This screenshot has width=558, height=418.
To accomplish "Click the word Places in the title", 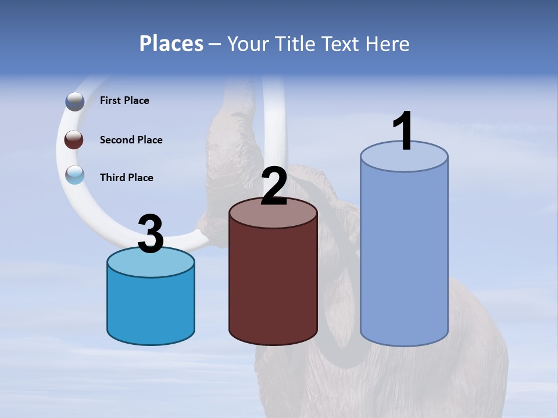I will click(171, 44).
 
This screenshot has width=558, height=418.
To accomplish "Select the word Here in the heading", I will click(389, 44).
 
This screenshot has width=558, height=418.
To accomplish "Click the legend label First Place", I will click(124, 100).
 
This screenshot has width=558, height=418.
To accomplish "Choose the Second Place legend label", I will click(131, 140).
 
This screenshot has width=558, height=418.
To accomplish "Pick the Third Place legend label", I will click(126, 178).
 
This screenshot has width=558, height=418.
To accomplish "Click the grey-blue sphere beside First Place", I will click(75, 101).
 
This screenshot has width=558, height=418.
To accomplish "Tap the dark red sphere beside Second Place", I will click(74, 139).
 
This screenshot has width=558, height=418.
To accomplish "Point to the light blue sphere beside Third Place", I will click(75, 175).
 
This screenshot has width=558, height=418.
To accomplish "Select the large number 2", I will click(274, 186).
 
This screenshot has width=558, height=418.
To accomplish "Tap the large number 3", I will click(151, 234).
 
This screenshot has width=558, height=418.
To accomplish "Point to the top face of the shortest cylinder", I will click(151, 264).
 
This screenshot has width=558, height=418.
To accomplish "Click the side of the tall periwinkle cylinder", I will click(404, 255).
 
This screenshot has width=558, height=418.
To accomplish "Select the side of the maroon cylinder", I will click(273, 284).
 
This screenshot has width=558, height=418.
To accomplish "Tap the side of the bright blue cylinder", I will click(151, 308).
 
